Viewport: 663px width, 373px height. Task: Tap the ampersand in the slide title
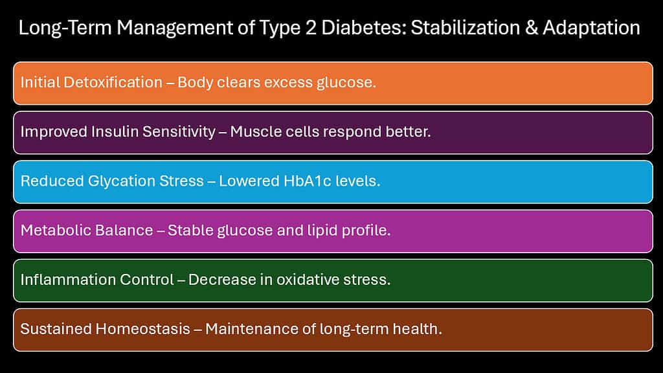[531, 28]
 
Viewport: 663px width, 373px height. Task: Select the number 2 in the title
[311, 28]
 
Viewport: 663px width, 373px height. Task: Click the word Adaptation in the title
[591, 28]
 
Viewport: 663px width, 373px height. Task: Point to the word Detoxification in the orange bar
[113, 82]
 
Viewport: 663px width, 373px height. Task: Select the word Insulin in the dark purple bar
[115, 131]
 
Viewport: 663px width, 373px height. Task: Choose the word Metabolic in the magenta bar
[56, 231]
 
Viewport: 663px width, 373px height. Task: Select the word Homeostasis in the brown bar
[143, 329]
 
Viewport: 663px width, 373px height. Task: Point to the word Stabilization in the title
[466, 28]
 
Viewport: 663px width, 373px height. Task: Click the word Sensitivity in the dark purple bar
[179, 132]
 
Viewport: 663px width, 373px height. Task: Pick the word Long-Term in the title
[65, 28]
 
